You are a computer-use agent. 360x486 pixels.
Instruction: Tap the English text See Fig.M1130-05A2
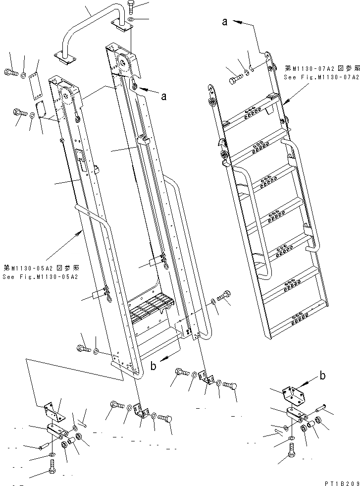point(40,276)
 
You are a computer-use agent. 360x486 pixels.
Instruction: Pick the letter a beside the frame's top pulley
point(163,97)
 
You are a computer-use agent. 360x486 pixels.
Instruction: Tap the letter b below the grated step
point(154,367)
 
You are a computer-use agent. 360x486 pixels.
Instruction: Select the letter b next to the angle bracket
point(323,376)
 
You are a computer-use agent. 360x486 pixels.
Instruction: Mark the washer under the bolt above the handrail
point(130,20)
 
